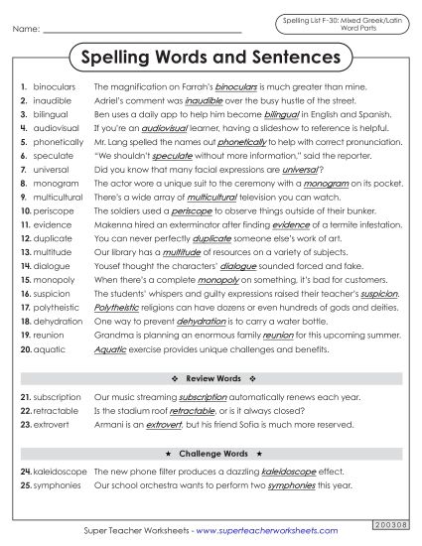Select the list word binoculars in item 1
55,87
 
